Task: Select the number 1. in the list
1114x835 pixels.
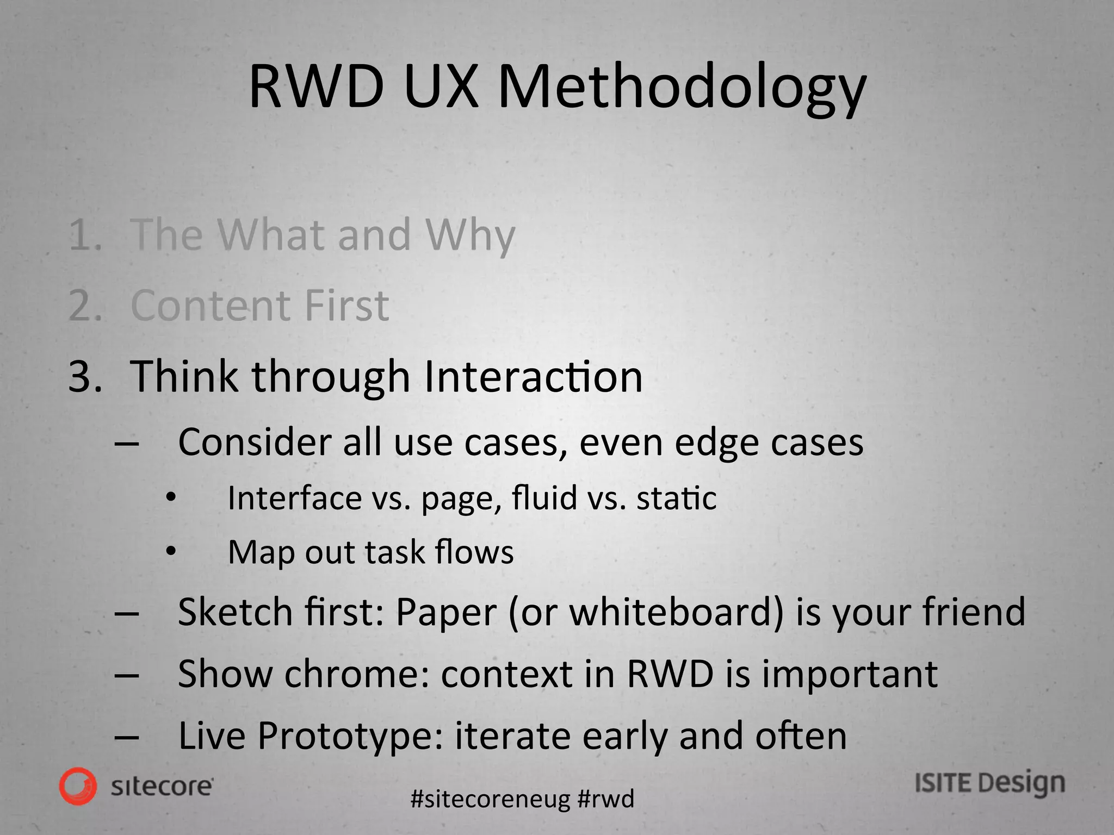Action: pos(85,235)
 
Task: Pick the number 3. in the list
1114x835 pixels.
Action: pos(85,376)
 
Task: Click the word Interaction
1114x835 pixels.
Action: pos(533,376)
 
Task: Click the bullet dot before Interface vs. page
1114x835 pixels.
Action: pos(171,497)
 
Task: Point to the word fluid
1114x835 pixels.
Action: pos(544,497)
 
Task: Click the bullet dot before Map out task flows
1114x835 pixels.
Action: pos(171,552)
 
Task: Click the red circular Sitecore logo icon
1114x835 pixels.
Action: pos(78,786)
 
